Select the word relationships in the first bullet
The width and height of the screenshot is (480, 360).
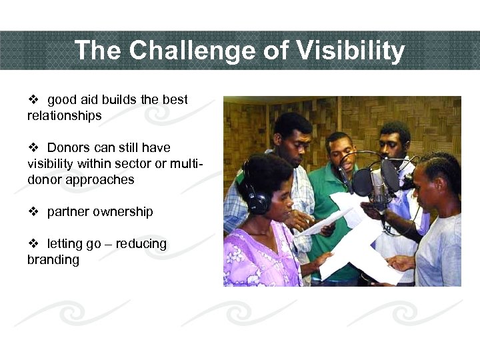pos(64,116)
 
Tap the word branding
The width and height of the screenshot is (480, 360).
pos(53,260)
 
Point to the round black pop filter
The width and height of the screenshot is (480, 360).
pos(362,181)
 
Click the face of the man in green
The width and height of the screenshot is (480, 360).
pos(341,153)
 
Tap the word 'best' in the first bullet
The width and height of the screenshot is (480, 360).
pos(175,100)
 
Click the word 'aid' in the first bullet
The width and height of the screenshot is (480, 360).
pos(89,100)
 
